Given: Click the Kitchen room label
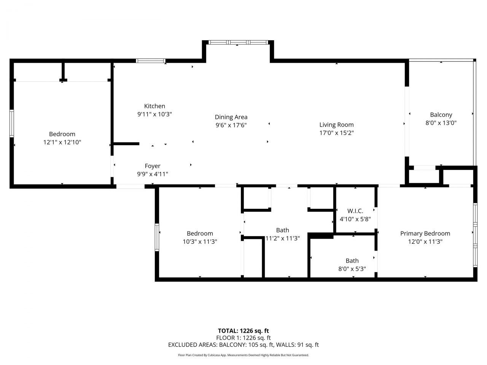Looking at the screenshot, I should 154,106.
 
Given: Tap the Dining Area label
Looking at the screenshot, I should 231,117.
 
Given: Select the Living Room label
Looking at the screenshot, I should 336,125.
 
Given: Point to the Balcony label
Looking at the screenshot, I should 441,114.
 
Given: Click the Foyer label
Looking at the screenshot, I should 153,166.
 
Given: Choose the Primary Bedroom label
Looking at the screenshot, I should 425,233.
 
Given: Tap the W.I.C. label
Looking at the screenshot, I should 355,211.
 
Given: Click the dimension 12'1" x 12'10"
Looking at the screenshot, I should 62,142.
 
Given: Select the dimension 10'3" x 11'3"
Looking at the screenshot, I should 200,241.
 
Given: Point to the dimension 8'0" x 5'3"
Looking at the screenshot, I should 352,269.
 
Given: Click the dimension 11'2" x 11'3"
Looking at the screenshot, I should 282,238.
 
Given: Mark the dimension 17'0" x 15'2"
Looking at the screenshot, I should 336,133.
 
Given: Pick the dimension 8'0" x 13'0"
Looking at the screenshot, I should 441,123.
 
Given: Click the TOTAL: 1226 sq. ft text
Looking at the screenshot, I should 243,331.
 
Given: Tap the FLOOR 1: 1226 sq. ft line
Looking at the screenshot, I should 243,338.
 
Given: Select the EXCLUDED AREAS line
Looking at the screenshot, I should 243,345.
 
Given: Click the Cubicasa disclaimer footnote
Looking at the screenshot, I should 243,355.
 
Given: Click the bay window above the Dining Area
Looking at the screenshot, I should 237,42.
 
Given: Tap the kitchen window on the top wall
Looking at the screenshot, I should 151,60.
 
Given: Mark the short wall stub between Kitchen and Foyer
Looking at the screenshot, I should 127,144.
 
